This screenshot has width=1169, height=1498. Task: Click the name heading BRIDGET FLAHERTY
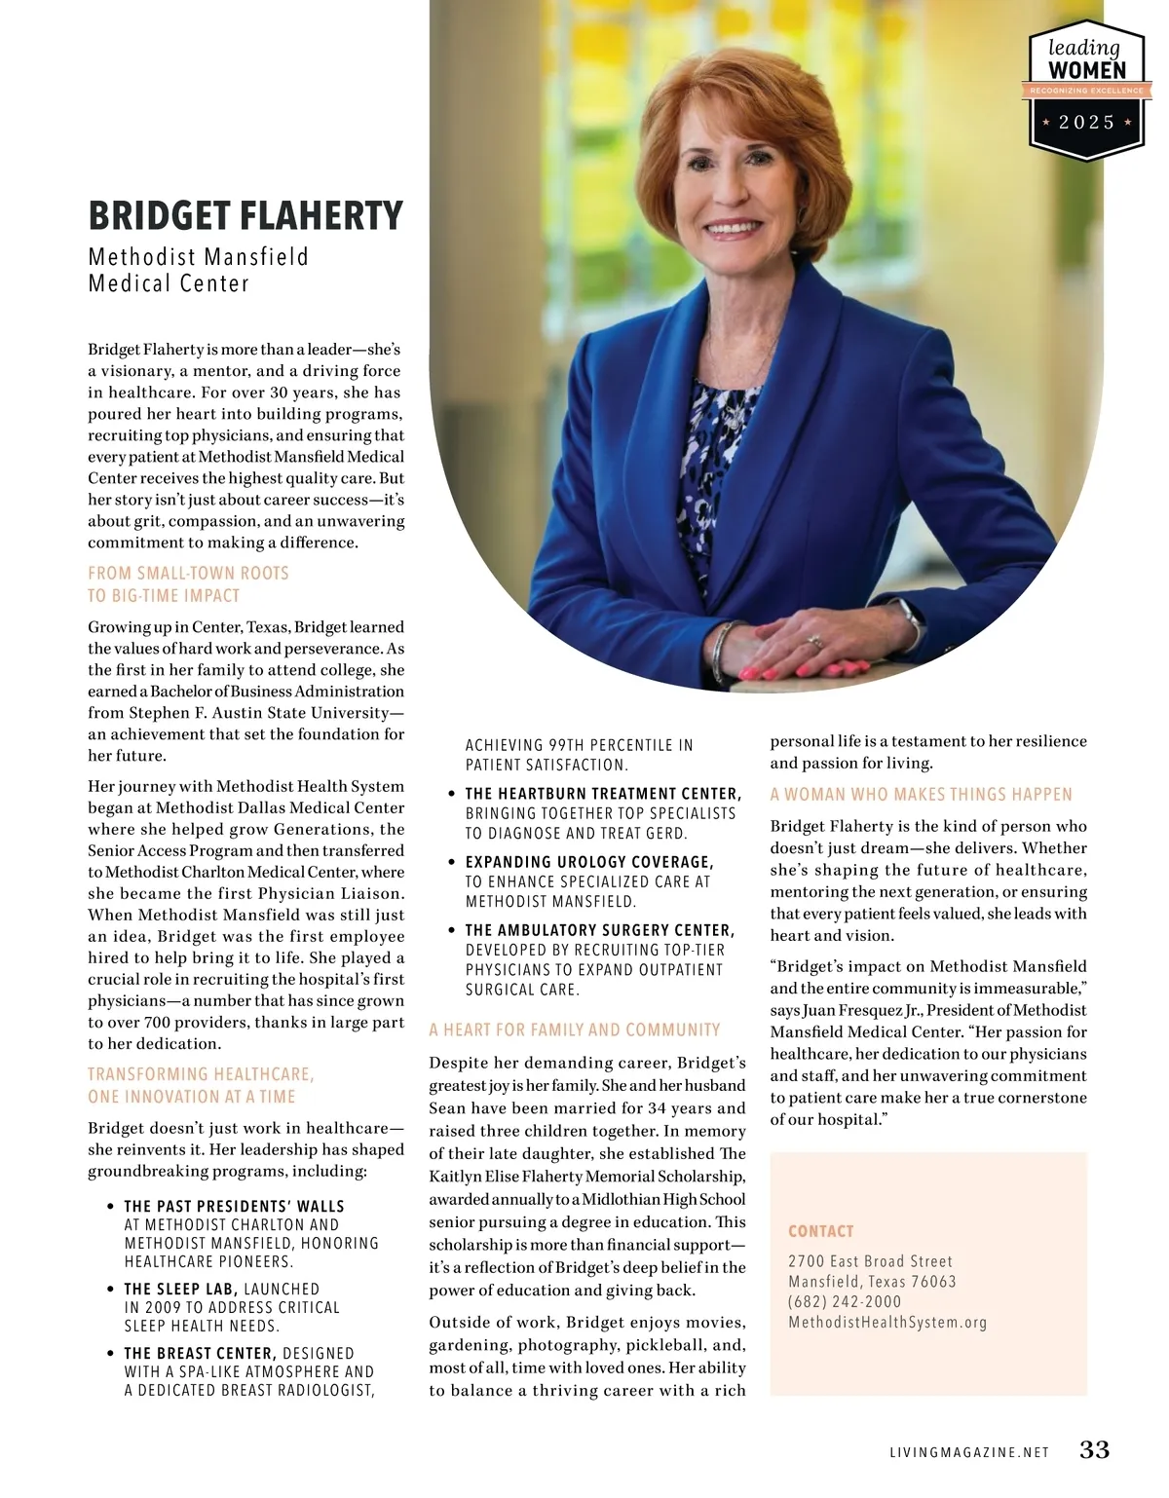pyautogui.click(x=245, y=216)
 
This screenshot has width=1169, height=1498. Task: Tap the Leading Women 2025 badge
pyautogui.click(x=1086, y=90)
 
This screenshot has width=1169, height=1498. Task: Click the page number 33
pyautogui.click(x=1094, y=1449)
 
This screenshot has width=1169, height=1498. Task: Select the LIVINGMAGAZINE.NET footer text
pyautogui.click(x=968, y=1452)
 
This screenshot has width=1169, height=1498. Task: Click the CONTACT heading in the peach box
pyautogui.click(x=820, y=1231)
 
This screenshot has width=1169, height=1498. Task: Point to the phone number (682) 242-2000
pyautogui.click(x=845, y=1302)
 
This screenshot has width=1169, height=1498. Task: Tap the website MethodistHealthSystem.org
pyautogui.click(x=887, y=1323)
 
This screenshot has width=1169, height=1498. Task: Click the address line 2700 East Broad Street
pyautogui.click(x=870, y=1261)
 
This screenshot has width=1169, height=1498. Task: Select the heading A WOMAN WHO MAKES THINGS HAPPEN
pyautogui.click(x=921, y=795)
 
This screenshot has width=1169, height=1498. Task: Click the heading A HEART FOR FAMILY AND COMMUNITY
pyautogui.click(x=575, y=1030)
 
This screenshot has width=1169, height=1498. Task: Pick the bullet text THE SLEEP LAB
pyautogui.click(x=180, y=1289)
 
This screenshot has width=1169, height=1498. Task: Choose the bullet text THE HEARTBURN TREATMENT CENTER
pyautogui.click(x=603, y=794)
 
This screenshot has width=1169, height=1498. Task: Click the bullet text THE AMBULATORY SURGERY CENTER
pyautogui.click(x=599, y=930)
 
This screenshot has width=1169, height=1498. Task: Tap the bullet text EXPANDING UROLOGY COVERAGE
pyautogui.click(x=589, y=862)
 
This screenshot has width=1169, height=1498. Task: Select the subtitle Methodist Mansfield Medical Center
pyautogui.click(x=198, y=270)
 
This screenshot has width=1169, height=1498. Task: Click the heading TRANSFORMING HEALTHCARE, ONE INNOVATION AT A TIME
pyautogui.click(x=201, y=1085)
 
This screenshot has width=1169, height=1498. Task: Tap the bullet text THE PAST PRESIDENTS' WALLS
pyautogui.click(x=234, y=1206)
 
